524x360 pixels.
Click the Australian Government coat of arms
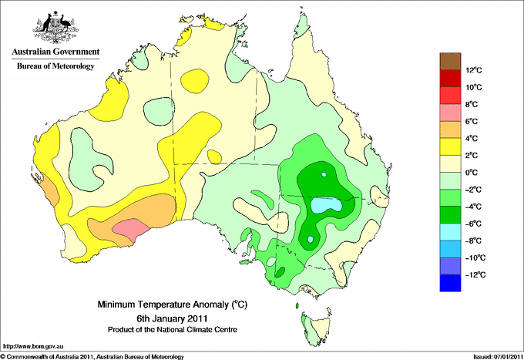coord(55,27)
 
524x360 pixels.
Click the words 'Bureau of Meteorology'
coord(55,66)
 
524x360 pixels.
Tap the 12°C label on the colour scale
coord(474,70)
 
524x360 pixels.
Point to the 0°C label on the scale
coord(472,173)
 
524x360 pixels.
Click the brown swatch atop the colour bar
coord(450,61)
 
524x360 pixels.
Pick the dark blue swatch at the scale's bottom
coord(450,283)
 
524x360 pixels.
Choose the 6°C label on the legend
coord(472,121)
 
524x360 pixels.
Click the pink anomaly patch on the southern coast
coord(130,229)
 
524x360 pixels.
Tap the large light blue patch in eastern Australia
coord(326,204)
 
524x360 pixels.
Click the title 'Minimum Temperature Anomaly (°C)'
coord(173,304)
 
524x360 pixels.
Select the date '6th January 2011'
coord(172,318)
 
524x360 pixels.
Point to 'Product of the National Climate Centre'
coord(173,330)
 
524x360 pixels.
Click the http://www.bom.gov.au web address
coord(32,346)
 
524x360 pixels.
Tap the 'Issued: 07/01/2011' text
coord(497,357)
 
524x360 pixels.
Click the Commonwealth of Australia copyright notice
coord(92,357)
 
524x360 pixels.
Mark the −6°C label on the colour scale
coord(473,224)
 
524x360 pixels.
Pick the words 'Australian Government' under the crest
coord(55,52)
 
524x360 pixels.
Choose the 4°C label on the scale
coord(472,139)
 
